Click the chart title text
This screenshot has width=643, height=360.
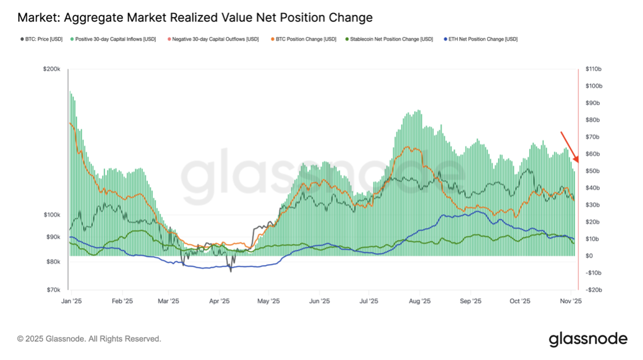195,18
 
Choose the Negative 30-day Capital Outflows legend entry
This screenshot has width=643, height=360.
212,39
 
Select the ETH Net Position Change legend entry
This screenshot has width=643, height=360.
481,39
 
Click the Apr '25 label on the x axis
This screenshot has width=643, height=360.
219,301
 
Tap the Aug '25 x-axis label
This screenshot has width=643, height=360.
420,301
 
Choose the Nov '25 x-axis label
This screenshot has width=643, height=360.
570,301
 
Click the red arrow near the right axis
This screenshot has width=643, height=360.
569,146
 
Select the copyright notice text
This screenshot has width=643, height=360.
89,339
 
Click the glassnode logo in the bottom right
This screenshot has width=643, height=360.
588,339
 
